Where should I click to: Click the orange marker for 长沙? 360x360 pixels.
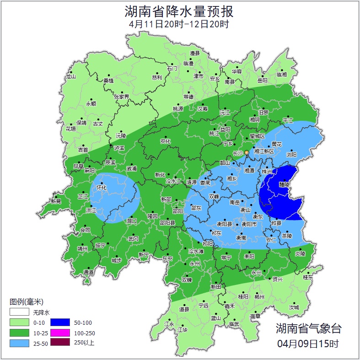pyautogui.click(x=247, y=152)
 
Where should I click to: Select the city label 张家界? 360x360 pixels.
pyautogui.click(x=122, y=97)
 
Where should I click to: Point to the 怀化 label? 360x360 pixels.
pyautogui.click(x=101, y=188)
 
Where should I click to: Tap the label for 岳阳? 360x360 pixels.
pyautogui.click(x=262, y=81)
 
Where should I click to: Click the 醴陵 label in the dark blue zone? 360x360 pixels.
pyautogui.click(x=284, y=184)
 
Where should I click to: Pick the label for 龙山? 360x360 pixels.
pyautogui.click(x=70, y=77)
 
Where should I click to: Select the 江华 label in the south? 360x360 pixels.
pyautogui.click(x=183, y=329)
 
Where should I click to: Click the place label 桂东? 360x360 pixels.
pyautogui.click(x=308, y=277)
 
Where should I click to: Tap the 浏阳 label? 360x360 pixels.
pyautogui.click(x=291, y=155)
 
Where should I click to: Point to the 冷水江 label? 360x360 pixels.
pyautogui.click(x=173, y=181)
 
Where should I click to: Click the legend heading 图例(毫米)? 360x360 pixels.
pyautogui.click(x=26, y=301)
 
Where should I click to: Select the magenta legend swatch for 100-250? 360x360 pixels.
pyautogui.click(x=59, y=333)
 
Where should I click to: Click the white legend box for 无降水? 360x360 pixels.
pyautogui.click(x=19, y=312)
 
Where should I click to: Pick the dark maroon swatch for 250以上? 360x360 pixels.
pyautogui.click(x=59, y=342)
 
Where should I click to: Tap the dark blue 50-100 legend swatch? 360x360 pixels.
pyautogui.click(x=59, y=323)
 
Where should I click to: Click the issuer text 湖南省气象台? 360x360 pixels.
pyautogui.click(x=308, y=328)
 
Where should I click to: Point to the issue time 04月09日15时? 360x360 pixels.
pyautogui.click(x=308, y=343)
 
